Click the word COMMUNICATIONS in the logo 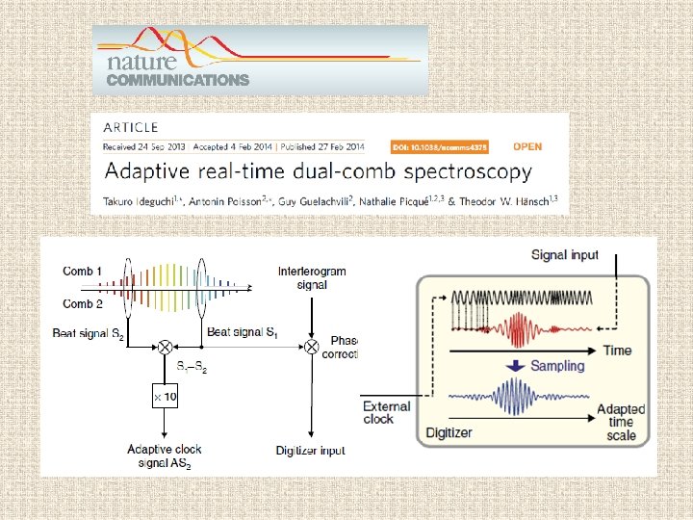(x=177, y=81)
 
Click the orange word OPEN (x=526, y=146)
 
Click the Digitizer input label (x=311, y=451)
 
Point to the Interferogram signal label (x=312, y=278)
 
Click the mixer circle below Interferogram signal (x=312, y=344)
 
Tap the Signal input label (x=565, y=255)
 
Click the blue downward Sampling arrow (x=515, y=366)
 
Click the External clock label (x=386, y=413)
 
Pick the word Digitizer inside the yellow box (x=449, y=432)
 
